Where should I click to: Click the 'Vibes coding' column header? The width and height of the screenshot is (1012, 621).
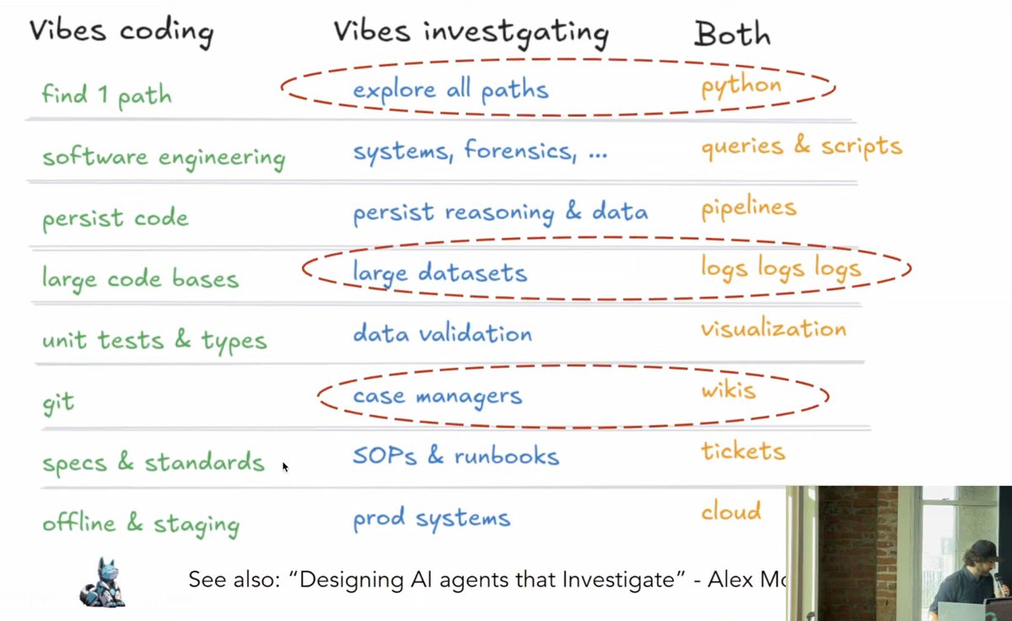pos(121,31)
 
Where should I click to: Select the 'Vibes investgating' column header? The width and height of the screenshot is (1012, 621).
pos(471,32)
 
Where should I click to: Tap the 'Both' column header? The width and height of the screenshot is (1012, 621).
pos(732,34)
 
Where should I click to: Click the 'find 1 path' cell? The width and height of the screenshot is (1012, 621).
pos(106,94)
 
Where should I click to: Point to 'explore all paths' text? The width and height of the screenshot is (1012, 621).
pos(450,89)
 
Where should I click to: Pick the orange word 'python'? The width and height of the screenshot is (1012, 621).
pos(741,86)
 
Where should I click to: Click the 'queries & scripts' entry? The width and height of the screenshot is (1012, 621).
pos(801,147)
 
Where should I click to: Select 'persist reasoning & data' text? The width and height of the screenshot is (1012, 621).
pos(500,212)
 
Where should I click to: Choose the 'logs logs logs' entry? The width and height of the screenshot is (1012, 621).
pos(780,268)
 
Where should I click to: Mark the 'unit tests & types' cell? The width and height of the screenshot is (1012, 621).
pos(154,340)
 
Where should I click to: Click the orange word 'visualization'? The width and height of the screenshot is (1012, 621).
pos(772,329)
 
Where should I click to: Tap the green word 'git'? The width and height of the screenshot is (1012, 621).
pos(58,402)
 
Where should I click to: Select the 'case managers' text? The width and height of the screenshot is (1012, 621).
pos(437,396)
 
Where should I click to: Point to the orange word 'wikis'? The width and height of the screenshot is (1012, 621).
pos(729,391)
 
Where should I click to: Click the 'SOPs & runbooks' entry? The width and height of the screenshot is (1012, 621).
pos(455,456)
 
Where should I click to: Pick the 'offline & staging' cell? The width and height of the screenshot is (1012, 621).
pos(141,523)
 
